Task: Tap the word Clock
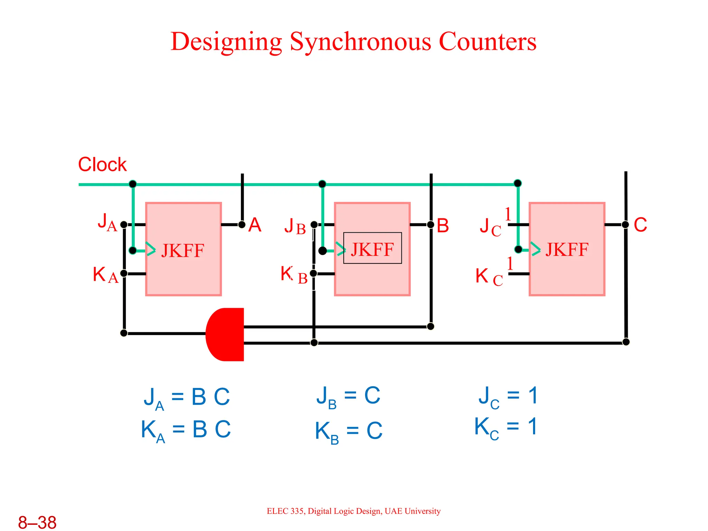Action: pos(102,165)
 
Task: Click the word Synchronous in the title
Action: pos(361,41)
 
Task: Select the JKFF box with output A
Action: pos(184,249)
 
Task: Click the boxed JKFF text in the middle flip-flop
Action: pos(372,248)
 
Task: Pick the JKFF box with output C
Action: pos(567,249)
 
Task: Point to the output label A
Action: pos(255,225)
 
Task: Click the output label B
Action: pos(442,226)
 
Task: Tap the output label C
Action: pos(640,225)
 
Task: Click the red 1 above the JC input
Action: pos(508,214)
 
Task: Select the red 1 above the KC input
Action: pos(510,264)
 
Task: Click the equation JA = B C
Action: pos(187,398)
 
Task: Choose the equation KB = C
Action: pos(348,431)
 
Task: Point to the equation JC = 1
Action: pos(507,396)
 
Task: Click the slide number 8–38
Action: pos(37,522)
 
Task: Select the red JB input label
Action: pos(295,226)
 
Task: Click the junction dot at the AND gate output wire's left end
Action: pos(124,333)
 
